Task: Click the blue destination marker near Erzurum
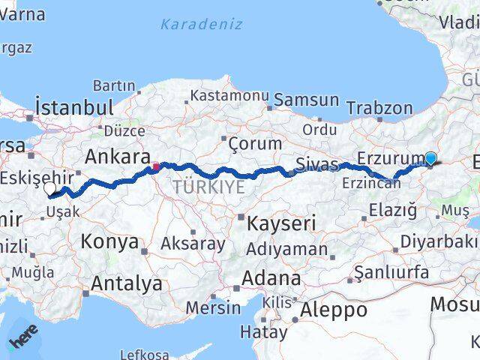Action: (x=430, y=158)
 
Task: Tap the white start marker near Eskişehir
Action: (x=50, y=188)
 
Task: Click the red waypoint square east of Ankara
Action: (x=155, y=166)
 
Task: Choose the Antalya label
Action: (x=126, y=283)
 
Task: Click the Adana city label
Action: (x=270, y=278)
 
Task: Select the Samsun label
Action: (x=306, y=100)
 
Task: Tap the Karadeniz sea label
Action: (x=201, y=24)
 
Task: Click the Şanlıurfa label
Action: (x=391, y=271)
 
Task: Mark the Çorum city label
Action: (x=255, y=143)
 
